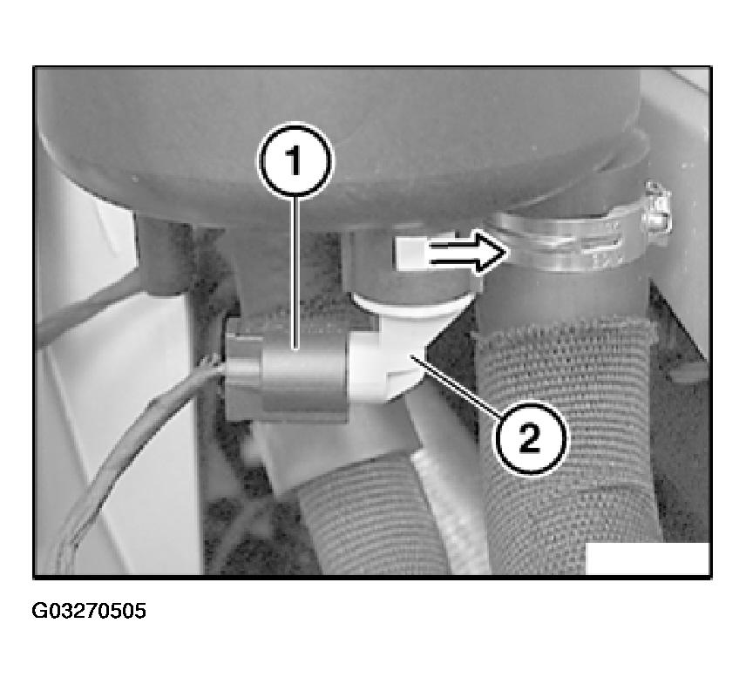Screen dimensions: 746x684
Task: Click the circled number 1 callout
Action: pyautogui.click(x=295, y=161)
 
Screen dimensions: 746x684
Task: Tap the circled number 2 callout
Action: pyautogui.click(x=530, y=438)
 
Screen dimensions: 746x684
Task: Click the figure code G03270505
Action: pyautogui.click(x=89, y=611)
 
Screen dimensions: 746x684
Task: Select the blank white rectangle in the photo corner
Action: pyautogui.click(x=648, y=558)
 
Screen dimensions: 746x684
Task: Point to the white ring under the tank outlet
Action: pyautogui.click(x=411, y=304)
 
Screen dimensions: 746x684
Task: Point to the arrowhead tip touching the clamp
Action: pyautogui.click(x=506, y=253)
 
